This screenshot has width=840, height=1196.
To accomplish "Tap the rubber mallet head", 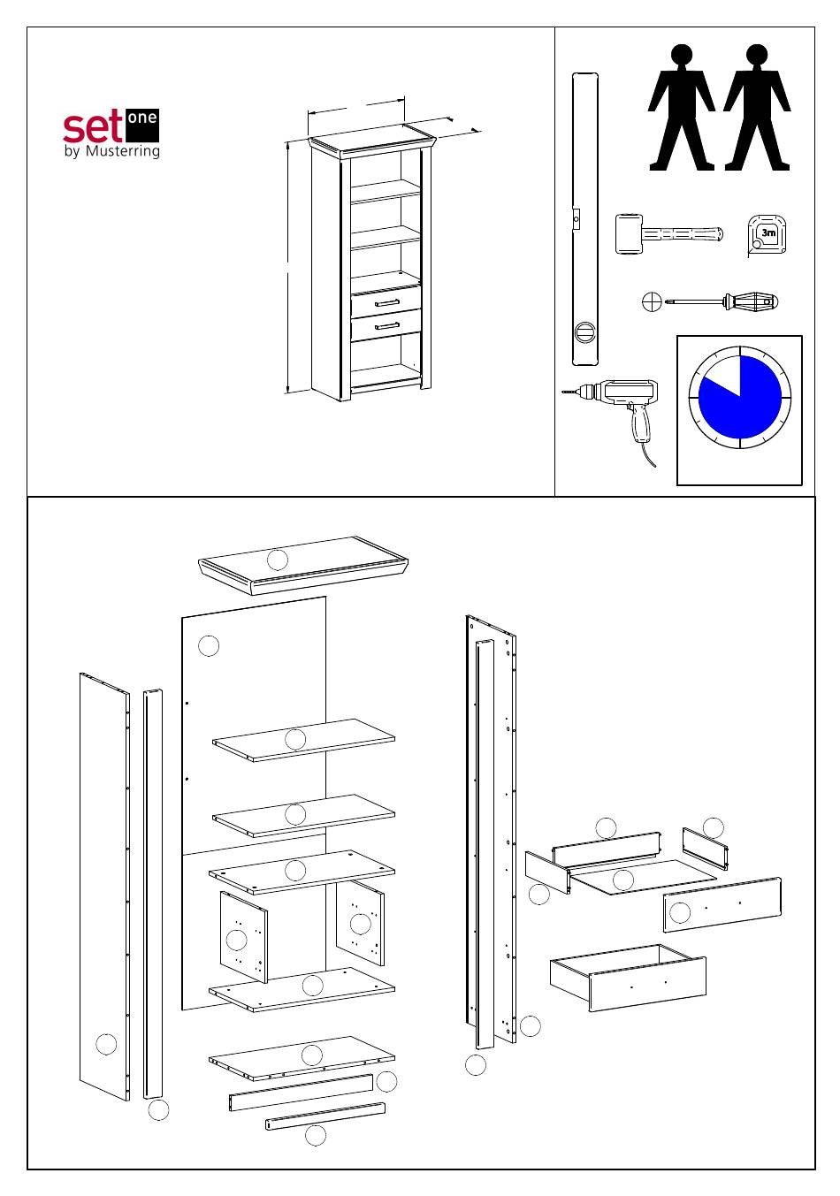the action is pos(629,234).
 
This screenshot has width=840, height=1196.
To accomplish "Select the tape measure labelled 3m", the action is pos(767,235).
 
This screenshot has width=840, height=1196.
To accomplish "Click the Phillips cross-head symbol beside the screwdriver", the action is pos(651,302).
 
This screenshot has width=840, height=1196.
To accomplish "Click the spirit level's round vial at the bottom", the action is pos(584,332).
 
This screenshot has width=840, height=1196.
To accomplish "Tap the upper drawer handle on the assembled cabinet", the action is pos(386,303).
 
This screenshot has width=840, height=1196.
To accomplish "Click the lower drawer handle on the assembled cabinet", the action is pos(386,327).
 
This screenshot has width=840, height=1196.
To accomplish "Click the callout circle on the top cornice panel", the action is pos(278,559).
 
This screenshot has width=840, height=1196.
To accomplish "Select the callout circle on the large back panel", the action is pos(209,645).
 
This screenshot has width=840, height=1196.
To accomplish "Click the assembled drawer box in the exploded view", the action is pos(628,976).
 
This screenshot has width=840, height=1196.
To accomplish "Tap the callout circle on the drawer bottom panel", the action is pos(623,880).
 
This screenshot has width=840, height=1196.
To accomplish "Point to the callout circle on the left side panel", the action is pos(106,1043).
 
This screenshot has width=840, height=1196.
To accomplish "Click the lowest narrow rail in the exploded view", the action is pos(325,1116).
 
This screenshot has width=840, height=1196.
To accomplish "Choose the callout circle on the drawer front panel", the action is pos(680,912).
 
